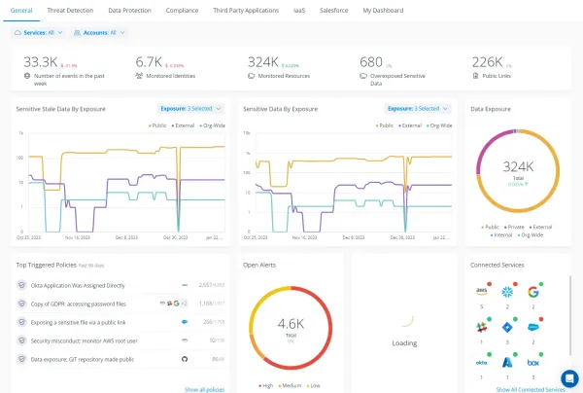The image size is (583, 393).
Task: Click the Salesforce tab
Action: [x=333, y=10]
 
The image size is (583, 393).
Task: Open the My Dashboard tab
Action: [x=384, y=10]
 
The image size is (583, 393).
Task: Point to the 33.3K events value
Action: [x=41, y=61]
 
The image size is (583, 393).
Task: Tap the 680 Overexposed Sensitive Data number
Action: [x=371, y=61]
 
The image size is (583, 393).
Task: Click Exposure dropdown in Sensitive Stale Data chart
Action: [x=190, y=109]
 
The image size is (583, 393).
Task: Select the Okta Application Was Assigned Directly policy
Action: [x=78, y=285]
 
